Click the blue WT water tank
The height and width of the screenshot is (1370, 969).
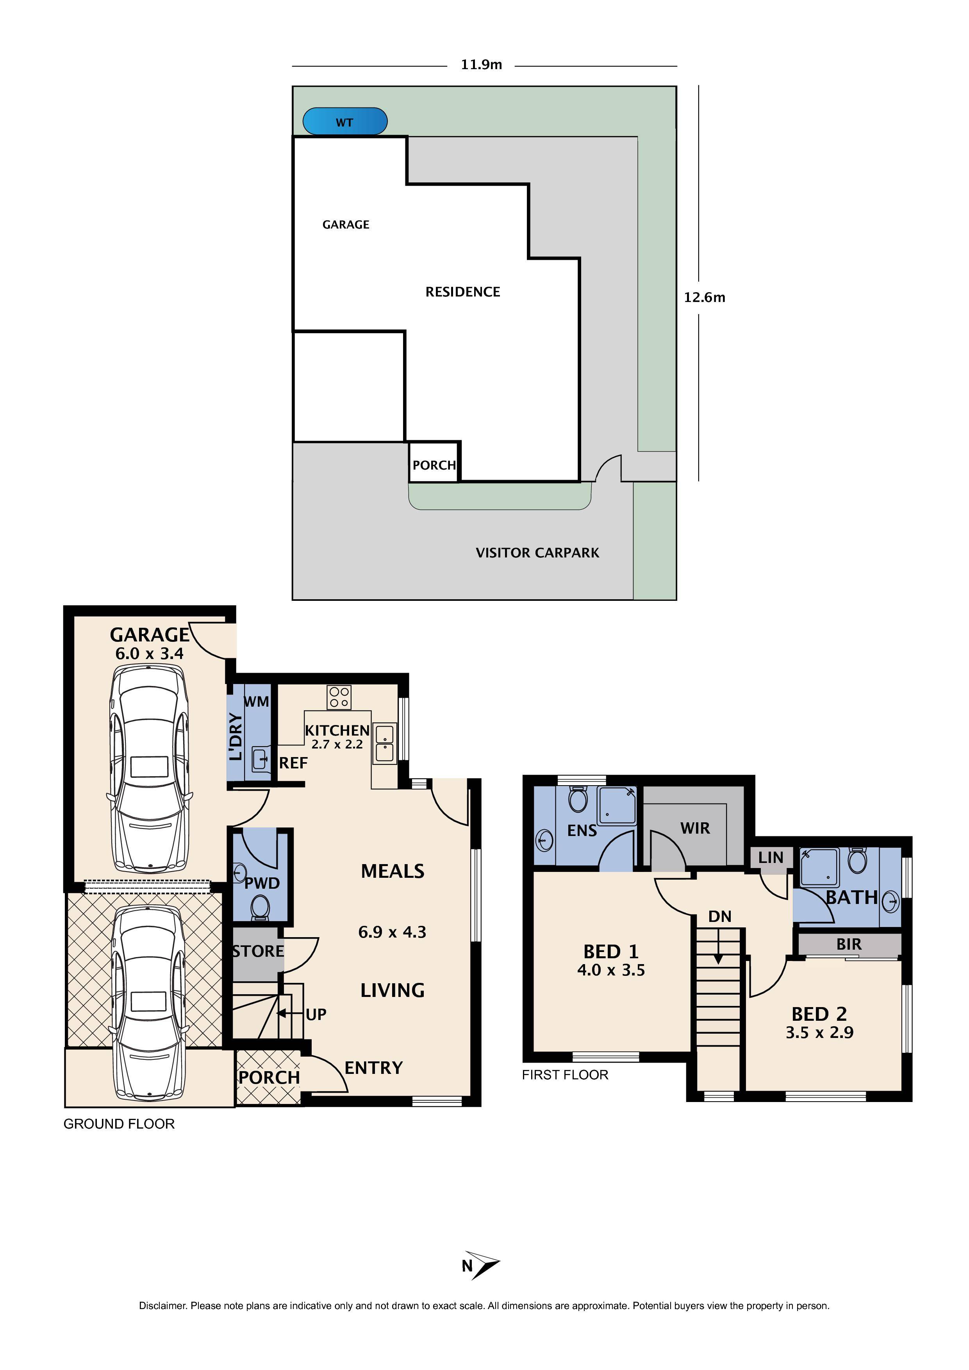[x=345, y=122]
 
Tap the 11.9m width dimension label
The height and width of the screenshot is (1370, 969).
[x=481, y=65]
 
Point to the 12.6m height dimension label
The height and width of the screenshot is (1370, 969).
[x=704, y=297]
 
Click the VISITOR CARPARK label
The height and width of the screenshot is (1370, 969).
[x=537, y=552]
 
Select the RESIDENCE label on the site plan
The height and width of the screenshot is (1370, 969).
[x=462, y=292]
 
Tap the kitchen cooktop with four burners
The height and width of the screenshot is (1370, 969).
[x=339, y=697]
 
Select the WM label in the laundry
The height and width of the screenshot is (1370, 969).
[x=256, y=702]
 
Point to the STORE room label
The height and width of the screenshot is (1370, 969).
[x=258, y=951]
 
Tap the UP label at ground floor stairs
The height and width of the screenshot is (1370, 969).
[x=316, y=1015]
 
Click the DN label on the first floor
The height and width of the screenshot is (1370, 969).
[x=719, y=916]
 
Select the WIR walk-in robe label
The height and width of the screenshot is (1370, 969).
[x=695, y=828]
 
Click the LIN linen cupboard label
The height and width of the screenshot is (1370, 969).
[x=770, y=857]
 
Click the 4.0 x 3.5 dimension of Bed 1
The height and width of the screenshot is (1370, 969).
[x=610, y=970]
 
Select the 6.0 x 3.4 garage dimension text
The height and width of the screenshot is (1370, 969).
[x=149, y=654]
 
